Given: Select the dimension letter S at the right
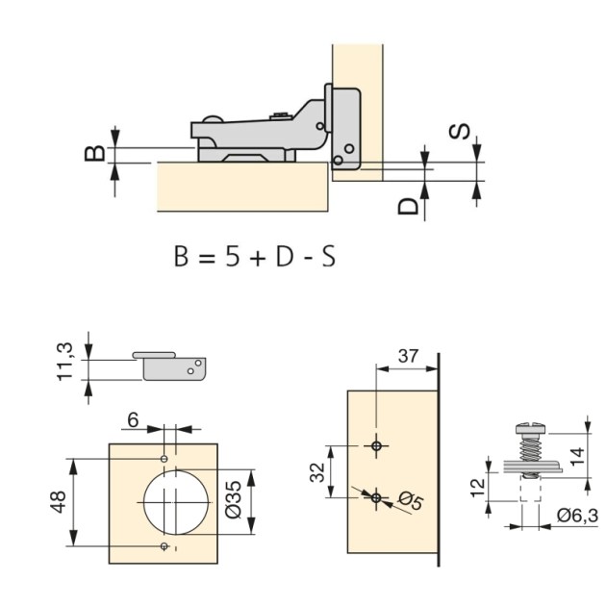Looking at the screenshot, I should click(464, 129).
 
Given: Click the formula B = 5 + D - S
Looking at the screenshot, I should click(254, 257).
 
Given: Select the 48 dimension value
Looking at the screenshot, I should click(57, 501).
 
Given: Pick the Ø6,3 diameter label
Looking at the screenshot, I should click(576, 517).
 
